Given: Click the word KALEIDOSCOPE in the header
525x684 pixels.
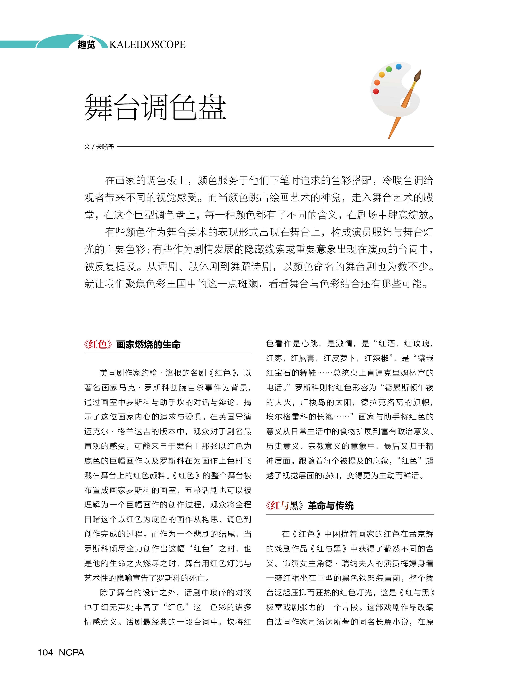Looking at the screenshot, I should coord(147,44).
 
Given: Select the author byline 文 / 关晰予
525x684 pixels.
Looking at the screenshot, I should coord(99,147).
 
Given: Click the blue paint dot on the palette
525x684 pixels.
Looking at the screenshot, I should coord(398,67).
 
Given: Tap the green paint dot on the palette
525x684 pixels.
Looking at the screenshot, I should coord(389,69).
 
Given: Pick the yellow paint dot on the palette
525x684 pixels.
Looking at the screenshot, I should coord(381,74).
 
